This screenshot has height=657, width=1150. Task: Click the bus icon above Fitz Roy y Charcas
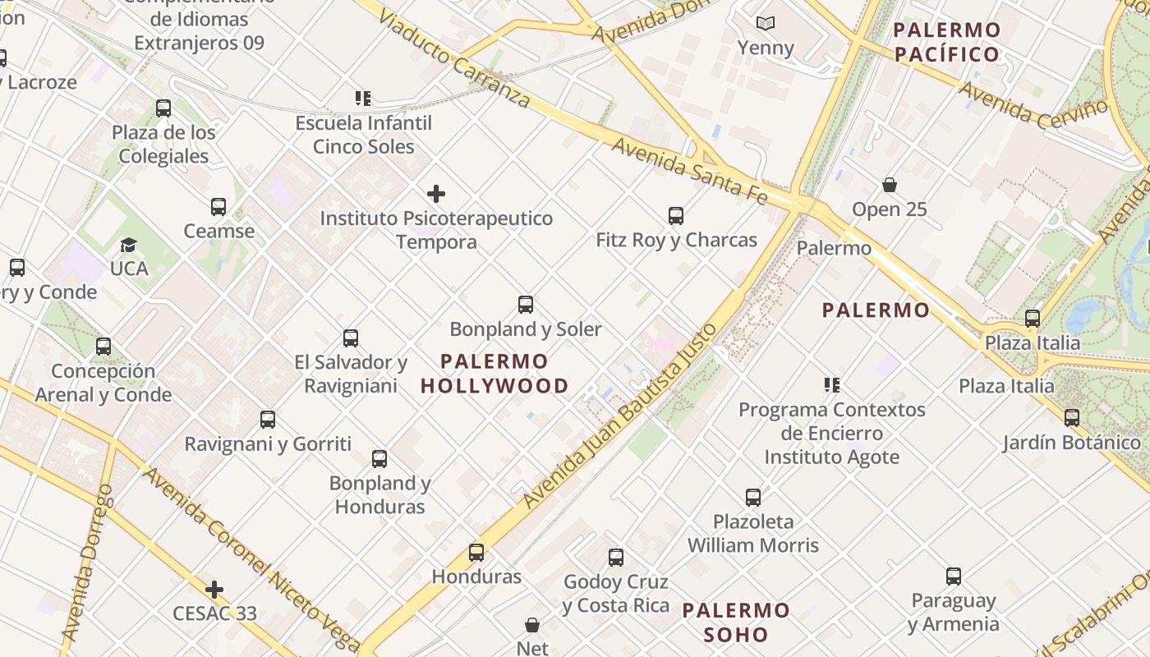[676, 216]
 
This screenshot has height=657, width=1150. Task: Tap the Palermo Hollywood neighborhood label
[494, 374]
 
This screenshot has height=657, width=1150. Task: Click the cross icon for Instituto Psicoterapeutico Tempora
[436, 194]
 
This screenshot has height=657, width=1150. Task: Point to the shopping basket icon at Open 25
[890, 185]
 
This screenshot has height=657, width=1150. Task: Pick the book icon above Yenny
[766, 24]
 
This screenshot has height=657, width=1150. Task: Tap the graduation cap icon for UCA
[129, 245]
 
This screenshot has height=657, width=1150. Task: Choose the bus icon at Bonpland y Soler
[526, 305]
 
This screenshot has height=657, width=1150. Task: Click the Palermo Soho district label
[736, 623]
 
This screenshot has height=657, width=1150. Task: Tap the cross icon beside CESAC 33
[214, 590]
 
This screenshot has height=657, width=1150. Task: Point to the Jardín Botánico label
[1071, 443]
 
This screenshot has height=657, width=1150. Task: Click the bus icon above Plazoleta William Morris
[753, 497]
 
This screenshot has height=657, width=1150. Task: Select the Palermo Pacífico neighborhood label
[947, 43]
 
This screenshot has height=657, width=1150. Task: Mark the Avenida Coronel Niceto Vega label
[251, 558]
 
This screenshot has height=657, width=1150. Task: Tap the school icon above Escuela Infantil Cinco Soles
[363, 99]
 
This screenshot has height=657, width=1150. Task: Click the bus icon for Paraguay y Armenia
[954, 577]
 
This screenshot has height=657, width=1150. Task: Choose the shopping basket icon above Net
[532, 625]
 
